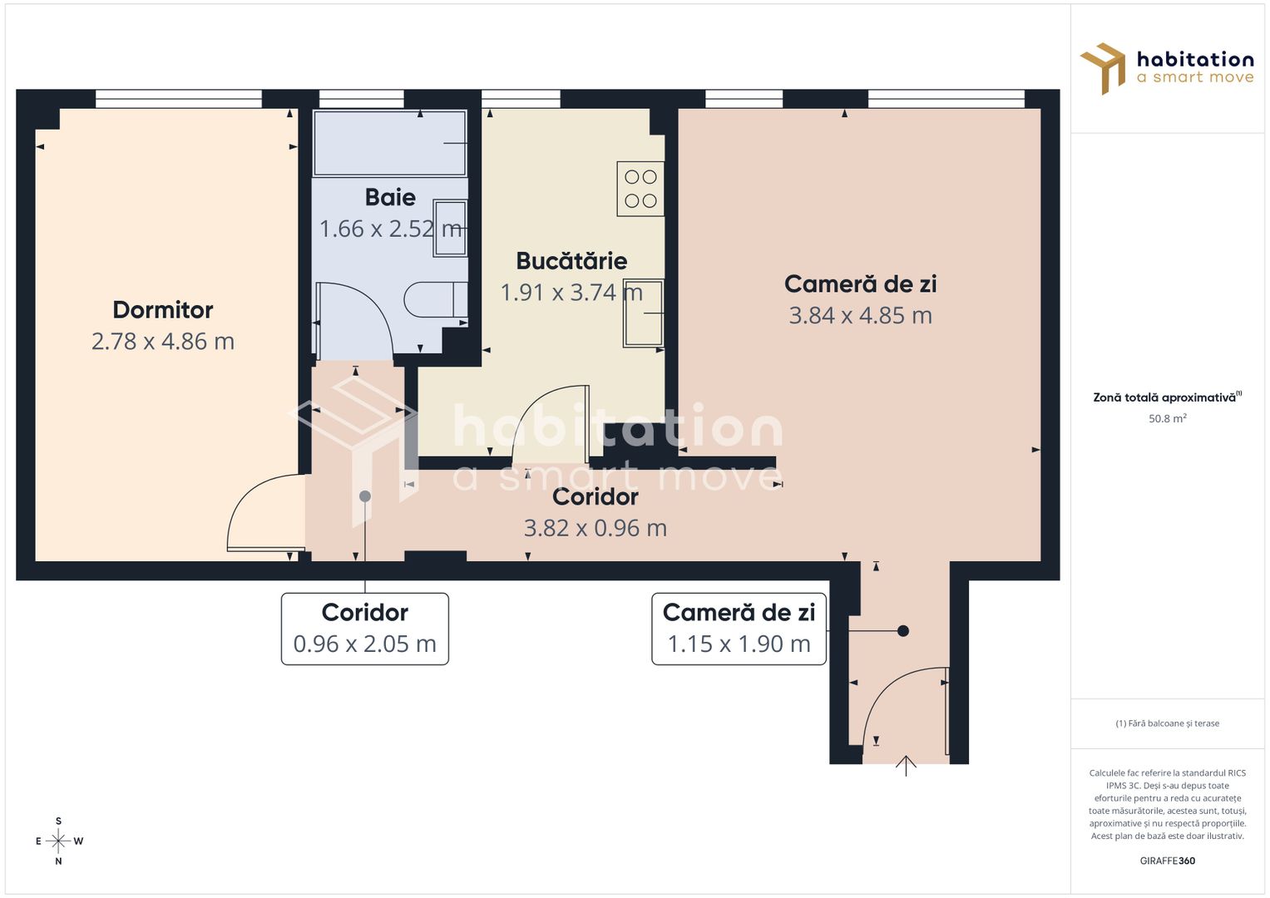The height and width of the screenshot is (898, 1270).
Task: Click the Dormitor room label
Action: pos(163,310)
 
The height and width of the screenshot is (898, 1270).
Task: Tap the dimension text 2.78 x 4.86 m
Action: pos(163,342)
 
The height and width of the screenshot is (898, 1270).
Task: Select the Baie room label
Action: pos(390,198)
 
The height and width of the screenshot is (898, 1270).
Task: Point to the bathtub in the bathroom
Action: pos(389,143)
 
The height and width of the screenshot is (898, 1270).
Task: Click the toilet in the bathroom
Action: pos(434,300)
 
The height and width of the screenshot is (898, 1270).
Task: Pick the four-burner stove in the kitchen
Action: pos(640,189)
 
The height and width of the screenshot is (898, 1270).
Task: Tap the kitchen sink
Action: pos(644,313)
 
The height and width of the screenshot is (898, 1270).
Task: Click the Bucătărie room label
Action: pos(571,261)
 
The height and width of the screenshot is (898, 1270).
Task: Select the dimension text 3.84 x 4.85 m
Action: pos(860,316)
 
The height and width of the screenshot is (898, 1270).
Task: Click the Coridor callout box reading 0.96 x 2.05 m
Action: pos(365,629)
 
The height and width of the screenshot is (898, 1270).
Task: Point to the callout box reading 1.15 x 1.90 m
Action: pos(739,629)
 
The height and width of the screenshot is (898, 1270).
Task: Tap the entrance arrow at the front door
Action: pos(906,766)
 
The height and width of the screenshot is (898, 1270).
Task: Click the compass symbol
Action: pos(58,841)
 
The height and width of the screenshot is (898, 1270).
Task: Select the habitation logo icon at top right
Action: pos(1104,67)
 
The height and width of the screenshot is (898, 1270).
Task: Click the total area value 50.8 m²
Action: pos(1167,419)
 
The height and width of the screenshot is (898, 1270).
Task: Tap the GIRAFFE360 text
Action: pos(1167,861)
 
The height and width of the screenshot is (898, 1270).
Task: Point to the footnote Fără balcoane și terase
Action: pos(1167,723)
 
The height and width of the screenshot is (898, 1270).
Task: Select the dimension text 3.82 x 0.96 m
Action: pos(595,529)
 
